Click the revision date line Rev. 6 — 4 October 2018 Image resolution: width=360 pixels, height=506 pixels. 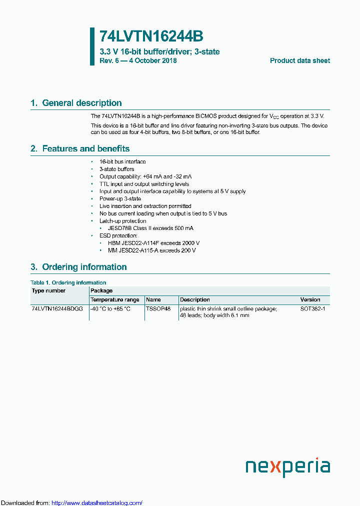[x=138, y=60]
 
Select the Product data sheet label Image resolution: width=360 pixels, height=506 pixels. [x=299, y=60]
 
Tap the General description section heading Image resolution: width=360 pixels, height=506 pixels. [x=76, y=103]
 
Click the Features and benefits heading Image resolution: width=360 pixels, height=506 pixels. [x=80, y=148]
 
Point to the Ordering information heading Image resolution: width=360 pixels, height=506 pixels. [x=78, y=267]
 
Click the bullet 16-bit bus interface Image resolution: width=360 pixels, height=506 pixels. [x=122, y=161]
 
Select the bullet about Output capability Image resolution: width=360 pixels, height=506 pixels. [x=145, y=176]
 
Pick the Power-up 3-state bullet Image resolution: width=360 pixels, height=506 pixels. [x=120, y=198]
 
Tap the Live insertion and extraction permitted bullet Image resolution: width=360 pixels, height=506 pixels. [x=145, y=206]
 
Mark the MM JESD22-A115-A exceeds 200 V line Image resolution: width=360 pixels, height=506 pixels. [x=152, y=250]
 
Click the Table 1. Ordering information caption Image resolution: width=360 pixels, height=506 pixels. [x=68, y=282]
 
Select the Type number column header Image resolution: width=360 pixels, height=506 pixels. [x=48, y=290]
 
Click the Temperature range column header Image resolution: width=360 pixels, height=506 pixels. [x=114, y=299]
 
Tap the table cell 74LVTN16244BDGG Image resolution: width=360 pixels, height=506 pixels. [x=57, y=309]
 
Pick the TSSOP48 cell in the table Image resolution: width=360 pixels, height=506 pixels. [x=158, y=309]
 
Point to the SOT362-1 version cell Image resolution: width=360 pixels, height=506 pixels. [x=312, y=309]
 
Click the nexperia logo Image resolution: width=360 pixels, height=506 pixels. [x=287, y=467]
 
